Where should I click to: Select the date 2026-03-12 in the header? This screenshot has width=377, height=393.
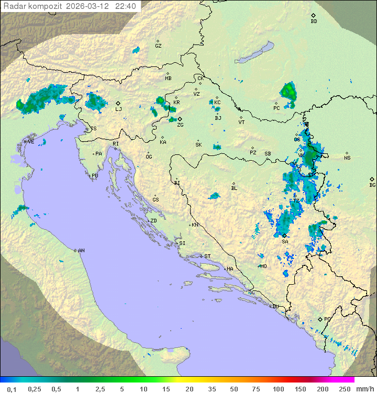pyautogui.click(x=88, y=6)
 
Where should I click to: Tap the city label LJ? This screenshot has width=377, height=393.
pyautogui.click(x=118, y=109)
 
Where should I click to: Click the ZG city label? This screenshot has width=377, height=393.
pyautogui.click(x=180, y=125)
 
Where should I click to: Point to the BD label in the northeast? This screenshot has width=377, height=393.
pyautogui.click(x=314, y=21)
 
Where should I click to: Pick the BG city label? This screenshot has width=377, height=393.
pyautogui.click(x=372, y=185)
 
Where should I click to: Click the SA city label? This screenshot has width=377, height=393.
pyautogui.click(x=285, y=241)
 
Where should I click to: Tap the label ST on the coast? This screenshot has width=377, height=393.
pyautogui.click(x=207, y=256)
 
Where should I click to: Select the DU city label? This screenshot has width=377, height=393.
pyautogui.click(x=275, y=307)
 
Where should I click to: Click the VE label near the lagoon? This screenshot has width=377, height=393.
pyautogui.click(x=31, y=142)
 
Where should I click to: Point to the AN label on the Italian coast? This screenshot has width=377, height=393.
pyautogui.click(x=81, y=251)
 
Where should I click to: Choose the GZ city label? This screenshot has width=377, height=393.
pyautogui.click(x=158, y=46)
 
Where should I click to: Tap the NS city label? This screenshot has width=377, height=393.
pyautogui.click(x=347, y=158)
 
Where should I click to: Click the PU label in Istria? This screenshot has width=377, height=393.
pyautogui.click(x=95, y=176)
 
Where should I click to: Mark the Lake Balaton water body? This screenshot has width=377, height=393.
pyautogui.click(x=254, y=53)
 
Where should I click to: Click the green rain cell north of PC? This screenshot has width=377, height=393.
pyautogui.click(x=289, y=92)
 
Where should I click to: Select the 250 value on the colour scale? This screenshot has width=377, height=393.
pyautogui.click(x=344, y=389)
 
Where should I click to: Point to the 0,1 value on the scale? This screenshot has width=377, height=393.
pyautogui.click(x=11, y=389)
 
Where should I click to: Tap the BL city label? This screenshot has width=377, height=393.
pyautogui.click(x=234, y=188)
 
